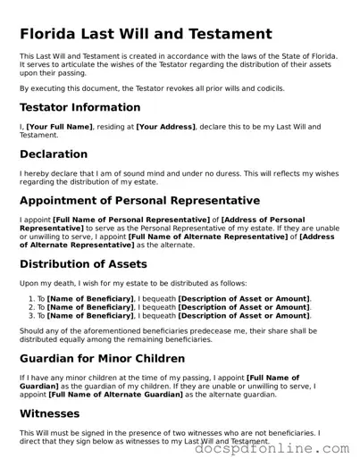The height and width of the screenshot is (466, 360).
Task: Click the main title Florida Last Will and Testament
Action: click(146, 34)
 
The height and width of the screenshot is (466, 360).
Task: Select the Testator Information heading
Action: click(80, 108)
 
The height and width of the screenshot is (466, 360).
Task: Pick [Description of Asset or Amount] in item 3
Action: click(244, 315)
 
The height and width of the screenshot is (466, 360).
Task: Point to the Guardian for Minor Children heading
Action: click(102, 359)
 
